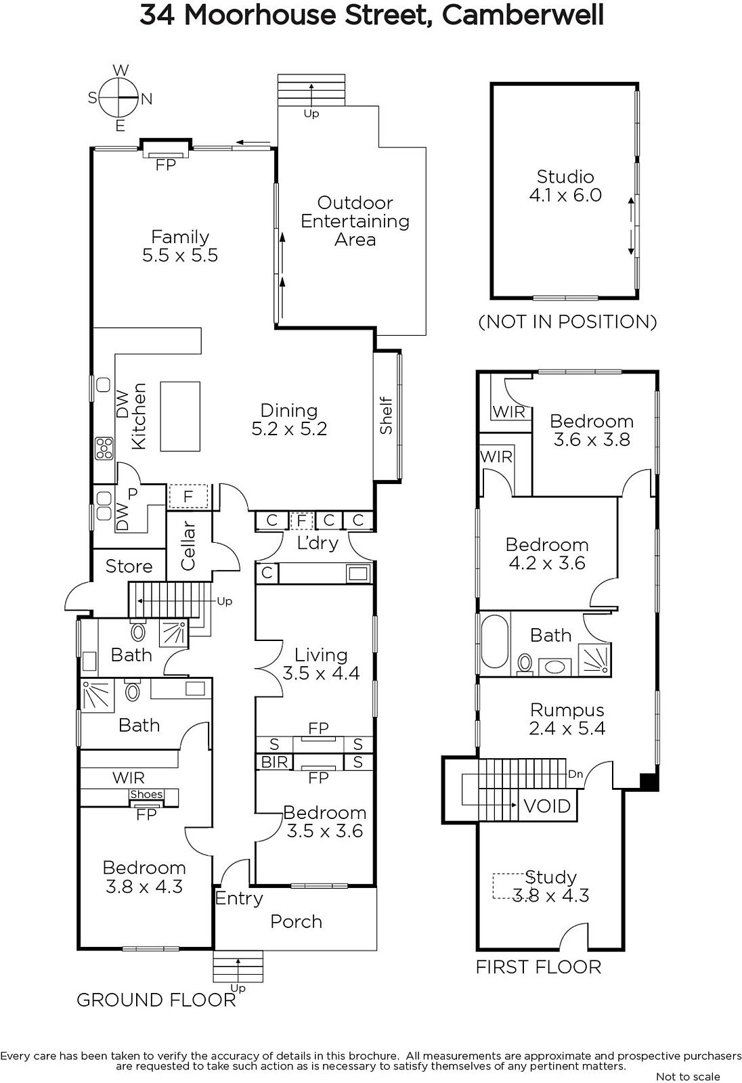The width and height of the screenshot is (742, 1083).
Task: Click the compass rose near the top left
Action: click(119, 98)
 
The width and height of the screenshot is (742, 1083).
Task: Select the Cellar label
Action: click(188, 545)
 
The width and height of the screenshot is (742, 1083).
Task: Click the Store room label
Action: click(129, 566)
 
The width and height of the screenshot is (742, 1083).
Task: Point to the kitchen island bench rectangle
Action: click(180, 416)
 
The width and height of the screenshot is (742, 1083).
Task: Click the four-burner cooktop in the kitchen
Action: click(104, 447)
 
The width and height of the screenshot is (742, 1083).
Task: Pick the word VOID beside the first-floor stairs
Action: click(547, 806)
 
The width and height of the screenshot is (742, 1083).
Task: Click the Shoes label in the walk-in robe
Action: click(146, 795)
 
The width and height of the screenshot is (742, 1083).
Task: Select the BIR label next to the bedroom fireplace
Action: click(274, 762)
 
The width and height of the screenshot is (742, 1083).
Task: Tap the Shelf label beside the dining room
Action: click(386, 416)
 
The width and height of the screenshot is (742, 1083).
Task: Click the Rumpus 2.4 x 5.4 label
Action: click(567, 718)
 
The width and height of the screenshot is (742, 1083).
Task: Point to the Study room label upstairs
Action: click(550, 886)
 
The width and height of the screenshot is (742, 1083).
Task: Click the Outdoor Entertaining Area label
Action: click(355, 221)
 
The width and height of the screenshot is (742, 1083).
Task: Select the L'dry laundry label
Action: click(318, 542)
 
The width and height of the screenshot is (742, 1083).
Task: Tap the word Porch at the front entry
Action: click(296, 921)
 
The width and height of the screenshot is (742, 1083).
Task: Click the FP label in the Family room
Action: click(165, 165)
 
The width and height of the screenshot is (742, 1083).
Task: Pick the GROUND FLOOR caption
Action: click(156, 1000)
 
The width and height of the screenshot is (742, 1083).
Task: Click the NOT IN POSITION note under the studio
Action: click(567, 322)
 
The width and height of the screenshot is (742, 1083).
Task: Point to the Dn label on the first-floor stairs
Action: click(575, 774)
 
